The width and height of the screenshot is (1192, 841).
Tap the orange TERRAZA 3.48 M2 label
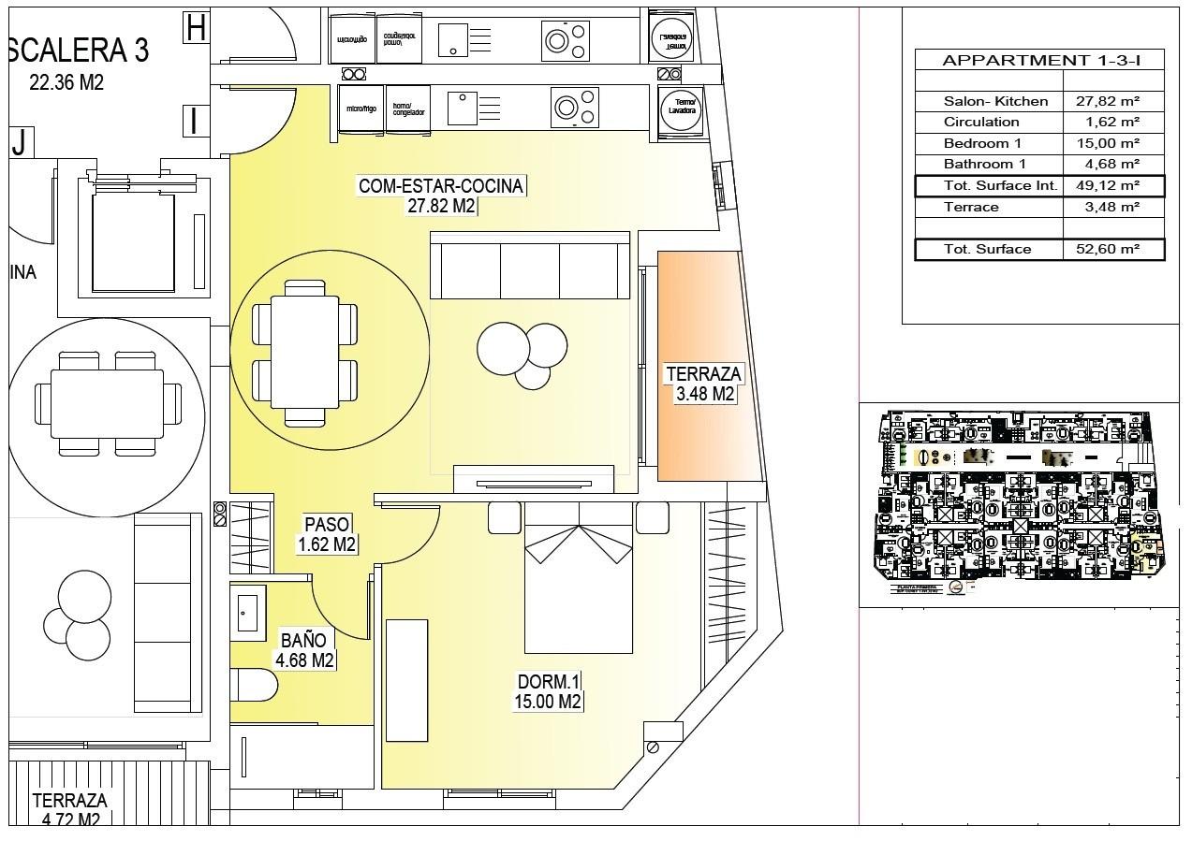pos(703,384)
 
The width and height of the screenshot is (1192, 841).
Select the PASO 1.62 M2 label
pos(326,534)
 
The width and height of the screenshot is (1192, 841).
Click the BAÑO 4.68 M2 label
pos(304,650)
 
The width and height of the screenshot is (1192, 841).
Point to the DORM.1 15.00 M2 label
pos(549,691)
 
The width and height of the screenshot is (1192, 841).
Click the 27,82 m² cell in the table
pos(1113,101)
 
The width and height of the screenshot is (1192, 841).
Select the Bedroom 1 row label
pos(982,143)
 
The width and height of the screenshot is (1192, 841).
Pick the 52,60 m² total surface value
pos(1113,249)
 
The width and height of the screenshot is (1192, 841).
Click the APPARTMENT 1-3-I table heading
pos(1039,60)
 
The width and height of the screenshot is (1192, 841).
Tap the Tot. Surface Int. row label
pos(1000,186)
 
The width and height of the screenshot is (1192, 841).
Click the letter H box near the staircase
pos(196,28)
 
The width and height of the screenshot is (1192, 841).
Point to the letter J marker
pos(19,143)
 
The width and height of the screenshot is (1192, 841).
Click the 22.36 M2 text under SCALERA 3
pos(66,82)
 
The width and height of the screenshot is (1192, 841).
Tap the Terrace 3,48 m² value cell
pos(1113,207)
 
